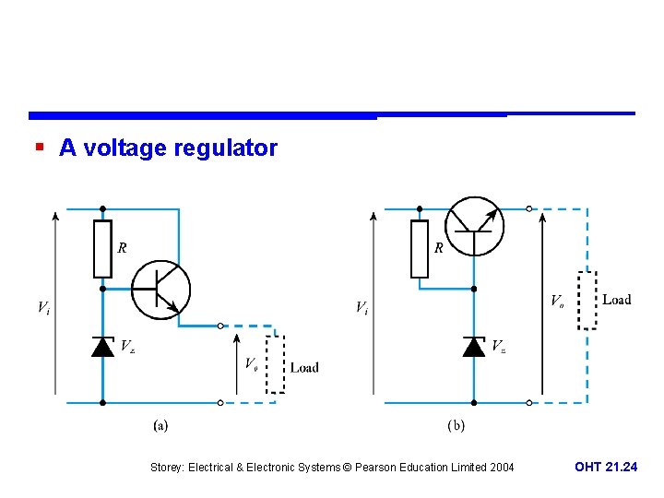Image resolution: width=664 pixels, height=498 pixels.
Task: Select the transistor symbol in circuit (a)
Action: (x=160, y=289)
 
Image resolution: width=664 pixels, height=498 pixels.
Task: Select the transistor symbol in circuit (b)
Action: (x=473, y=227)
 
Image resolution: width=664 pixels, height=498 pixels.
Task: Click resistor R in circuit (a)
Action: (x=102, y=249)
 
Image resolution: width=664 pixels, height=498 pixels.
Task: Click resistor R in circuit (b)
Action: (x=420, y=249)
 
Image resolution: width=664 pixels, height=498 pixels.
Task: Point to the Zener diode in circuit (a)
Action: (x=102, y=346)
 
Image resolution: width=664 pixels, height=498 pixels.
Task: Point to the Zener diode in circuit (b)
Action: (x=473, y=346)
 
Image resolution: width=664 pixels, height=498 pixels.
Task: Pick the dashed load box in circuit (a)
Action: (x=275, y=364)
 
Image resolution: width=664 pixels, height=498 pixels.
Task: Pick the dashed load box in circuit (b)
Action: (x=587, y=301)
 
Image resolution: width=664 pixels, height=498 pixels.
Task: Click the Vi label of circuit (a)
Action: (x=43, y=307)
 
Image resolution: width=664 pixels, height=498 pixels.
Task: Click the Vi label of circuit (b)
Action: (x=362, y=307)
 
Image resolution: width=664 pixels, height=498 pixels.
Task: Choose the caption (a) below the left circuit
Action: (x=160, y=426)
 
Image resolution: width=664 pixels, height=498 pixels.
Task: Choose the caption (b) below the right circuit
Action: (x=456, y=426)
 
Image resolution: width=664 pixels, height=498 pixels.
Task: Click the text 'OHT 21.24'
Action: (x=605, y=468)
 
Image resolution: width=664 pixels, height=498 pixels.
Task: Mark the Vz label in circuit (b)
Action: (x=498, y=347)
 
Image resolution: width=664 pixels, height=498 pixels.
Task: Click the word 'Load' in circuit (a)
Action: (x=304, y=367)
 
